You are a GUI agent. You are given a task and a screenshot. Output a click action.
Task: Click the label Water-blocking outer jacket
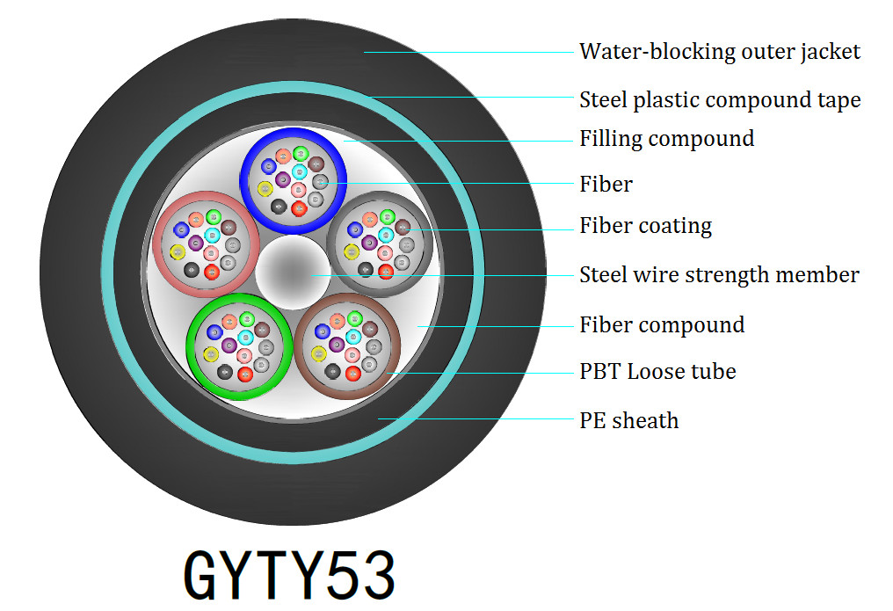click(719, 51)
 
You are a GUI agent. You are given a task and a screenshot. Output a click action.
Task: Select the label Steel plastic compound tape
click(719, 100)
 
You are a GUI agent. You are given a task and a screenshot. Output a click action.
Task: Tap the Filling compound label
click(666, 139)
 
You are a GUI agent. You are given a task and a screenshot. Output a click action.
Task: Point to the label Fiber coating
click(645, 226)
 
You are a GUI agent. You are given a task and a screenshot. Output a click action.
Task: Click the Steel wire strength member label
click(718, 275)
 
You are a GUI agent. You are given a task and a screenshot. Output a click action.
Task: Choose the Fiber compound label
click(661, 325)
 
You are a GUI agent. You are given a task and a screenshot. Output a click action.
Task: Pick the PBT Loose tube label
click(657, 372)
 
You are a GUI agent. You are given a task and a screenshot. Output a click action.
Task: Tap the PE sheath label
click(628, 420)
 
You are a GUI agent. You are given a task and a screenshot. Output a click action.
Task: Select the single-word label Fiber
click(606, 185)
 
